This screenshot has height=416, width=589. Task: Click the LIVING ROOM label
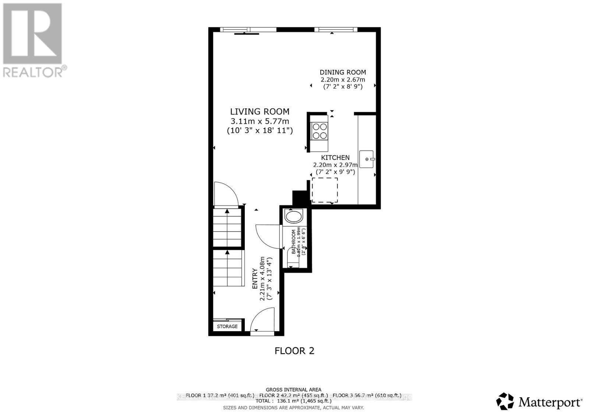[x=260, y=112]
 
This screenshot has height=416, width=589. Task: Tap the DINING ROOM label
[x=343, y=72]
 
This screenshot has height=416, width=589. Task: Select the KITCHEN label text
[x=335, y=158]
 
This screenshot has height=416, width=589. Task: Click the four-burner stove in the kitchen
[x=320, y=131]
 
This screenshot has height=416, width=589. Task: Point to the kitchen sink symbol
[x=366, y=159]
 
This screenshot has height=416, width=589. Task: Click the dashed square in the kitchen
[x=325, y=190]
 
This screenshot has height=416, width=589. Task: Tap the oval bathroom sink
[x=293, y=216]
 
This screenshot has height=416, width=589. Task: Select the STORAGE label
[x=227, y=326]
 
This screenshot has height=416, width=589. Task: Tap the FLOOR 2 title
[x=294, y=351]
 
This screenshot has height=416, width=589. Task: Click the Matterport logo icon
[x=505, y=401]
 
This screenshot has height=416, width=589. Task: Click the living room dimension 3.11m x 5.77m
[x=260, y=121]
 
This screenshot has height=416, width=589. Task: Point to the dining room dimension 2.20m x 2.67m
[x=343, y=80]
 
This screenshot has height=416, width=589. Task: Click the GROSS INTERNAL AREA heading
[x=293, y=390]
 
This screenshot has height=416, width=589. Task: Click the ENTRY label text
[x=255, y=279]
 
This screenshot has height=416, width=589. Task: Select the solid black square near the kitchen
[x=300, y=198]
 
